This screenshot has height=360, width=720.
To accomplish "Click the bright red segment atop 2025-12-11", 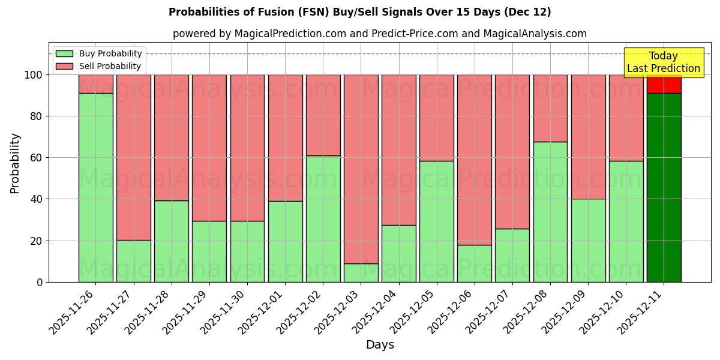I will pos(664,85).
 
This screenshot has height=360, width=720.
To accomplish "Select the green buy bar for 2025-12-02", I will pos(323,219).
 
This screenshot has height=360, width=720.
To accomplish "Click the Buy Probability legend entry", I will pos(99,53).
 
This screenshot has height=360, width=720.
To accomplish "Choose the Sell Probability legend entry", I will pos(99,66).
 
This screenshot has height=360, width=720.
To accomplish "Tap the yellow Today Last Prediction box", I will pos(664,62).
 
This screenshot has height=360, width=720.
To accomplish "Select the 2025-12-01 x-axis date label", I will pos(263,312).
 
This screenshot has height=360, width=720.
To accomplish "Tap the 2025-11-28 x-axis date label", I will pos(149,312).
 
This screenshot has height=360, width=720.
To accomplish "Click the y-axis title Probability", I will pos(16,163).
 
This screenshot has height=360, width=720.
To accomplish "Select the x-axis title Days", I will pos(380,345).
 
